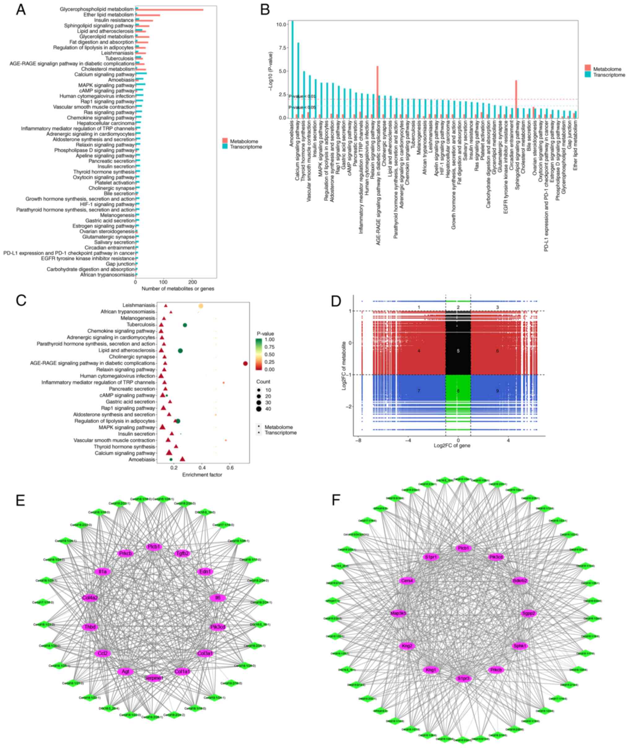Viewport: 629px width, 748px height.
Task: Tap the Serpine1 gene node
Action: (154, 678)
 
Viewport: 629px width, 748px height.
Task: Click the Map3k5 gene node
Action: (398, 613)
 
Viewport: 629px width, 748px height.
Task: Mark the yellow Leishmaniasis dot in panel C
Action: (201, 306)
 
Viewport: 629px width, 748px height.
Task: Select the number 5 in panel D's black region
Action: (458, 351)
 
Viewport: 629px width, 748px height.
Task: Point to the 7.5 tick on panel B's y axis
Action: (281, 48)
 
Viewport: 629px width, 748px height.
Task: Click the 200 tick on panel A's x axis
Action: (192, 282)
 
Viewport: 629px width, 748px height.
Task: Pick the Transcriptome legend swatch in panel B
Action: (588, 75)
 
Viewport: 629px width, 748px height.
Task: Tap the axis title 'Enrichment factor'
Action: (202, 475)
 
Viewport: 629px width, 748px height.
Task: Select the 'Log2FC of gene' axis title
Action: (452, 445)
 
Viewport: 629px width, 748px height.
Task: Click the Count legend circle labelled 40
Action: (258, 409)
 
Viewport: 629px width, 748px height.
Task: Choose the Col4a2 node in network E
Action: (90, 598)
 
